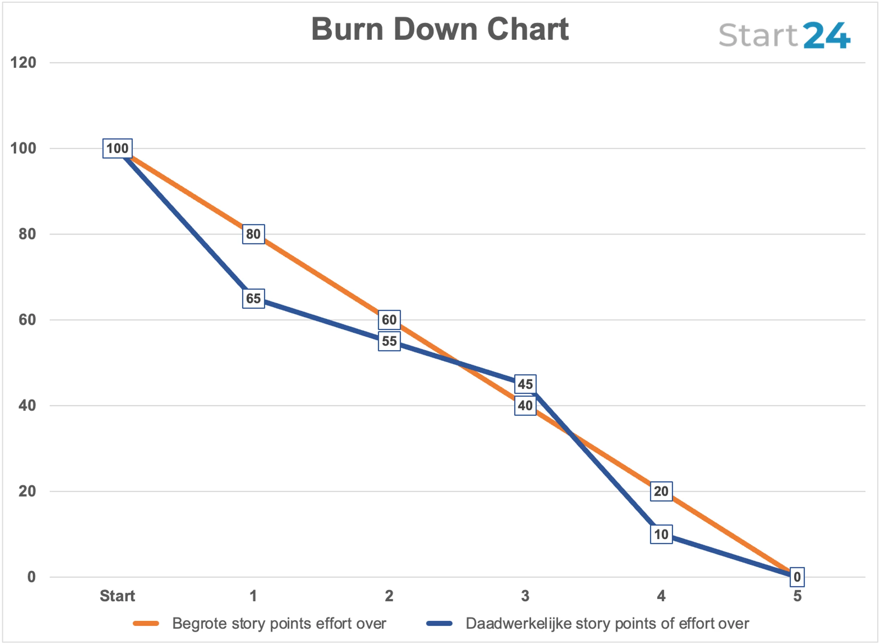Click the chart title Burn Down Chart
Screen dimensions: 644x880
pos(440,29)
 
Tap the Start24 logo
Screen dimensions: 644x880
pos(784,35)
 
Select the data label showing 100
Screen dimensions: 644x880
pos(117,149)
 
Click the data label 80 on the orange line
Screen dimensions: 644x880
pos(254,234)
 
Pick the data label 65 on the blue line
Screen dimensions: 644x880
pos(254,298)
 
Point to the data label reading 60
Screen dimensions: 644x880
pos(389,320)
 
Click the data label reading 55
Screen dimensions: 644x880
pos(389,342)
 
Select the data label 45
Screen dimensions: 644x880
pos(525,384)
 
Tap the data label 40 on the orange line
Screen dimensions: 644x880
pos(525,406)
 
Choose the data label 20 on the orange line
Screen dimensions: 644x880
pos(661,492)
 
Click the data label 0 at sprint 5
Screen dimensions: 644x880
pos(797,577)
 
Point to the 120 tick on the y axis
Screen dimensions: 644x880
pos(24,63)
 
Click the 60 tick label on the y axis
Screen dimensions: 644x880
pos(27,320)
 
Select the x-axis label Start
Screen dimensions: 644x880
pos(117,596)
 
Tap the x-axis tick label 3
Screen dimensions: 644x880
pos(525,596)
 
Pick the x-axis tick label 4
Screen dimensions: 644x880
pos(661,596)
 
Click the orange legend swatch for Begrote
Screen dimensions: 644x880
pos(146,624)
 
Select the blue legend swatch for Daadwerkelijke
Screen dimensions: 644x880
pos(439,624)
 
